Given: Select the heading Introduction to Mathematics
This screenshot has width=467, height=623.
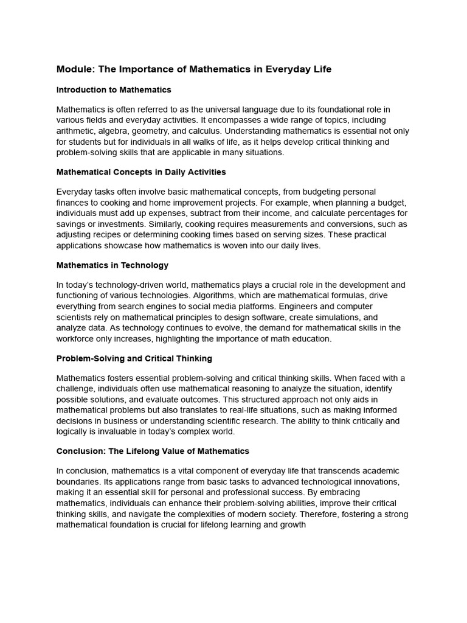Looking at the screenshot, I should pyautogui.click(x=114, y=90).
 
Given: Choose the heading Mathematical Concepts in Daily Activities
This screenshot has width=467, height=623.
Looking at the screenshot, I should pyautogui.click(x=141, y=172).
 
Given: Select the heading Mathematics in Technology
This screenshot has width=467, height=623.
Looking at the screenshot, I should pyautogui.click(x=112, y=265).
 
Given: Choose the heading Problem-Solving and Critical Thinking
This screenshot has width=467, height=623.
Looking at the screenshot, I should pyautogui.click(x=134, y=358).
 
